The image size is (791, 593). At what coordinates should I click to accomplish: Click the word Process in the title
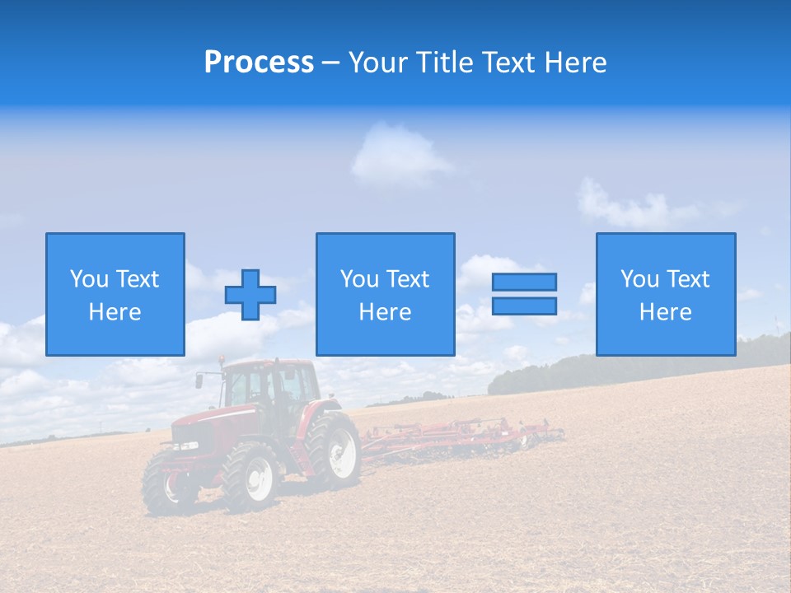[x=259, y=62]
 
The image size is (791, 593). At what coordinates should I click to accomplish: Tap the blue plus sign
[x=250, y=295]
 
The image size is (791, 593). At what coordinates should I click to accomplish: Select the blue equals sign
[x=524, y=294]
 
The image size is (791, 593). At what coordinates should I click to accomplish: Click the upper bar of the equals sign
[x=524, y=282]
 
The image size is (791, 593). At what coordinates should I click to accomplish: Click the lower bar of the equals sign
[x=524, y=306]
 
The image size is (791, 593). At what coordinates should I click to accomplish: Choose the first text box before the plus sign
[x=115, y=294]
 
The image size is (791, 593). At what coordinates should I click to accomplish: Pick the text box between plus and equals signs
[x=385, y=294]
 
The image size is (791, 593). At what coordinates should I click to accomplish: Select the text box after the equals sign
[x=666, y=294]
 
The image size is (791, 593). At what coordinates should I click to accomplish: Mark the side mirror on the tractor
[x=199, y=381]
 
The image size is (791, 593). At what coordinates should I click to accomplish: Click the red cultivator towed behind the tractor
[x=461, y=434]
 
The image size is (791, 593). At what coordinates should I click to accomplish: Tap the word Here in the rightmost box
[x=666, y=312]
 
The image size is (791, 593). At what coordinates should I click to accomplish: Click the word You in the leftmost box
[x=88, y=279]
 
